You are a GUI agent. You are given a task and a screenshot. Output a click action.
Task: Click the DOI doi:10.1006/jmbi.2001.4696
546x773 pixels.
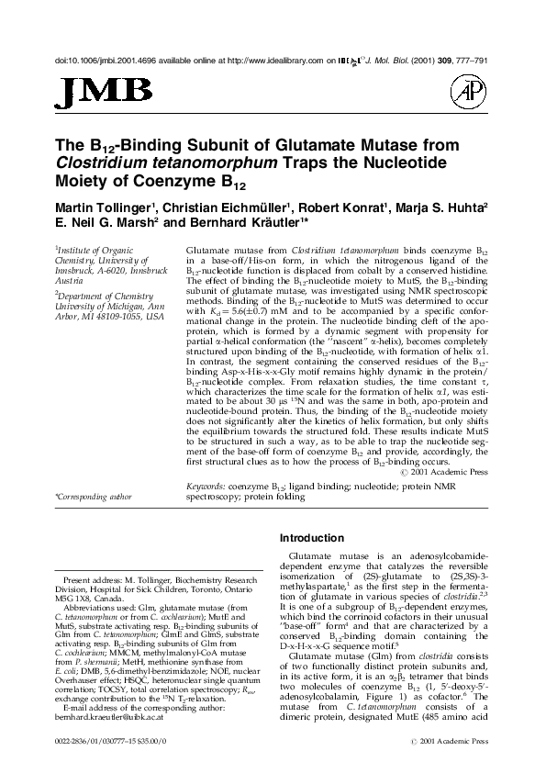pos(98,61)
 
